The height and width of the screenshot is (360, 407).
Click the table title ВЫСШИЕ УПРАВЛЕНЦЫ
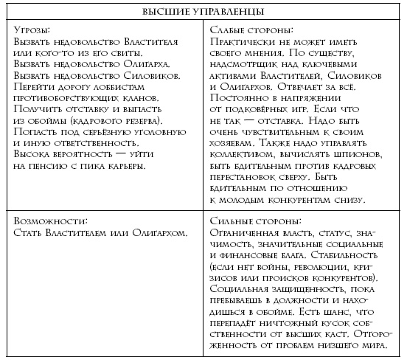click(x=203, y=11)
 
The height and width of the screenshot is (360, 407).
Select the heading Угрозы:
click(x=31, y=30)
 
